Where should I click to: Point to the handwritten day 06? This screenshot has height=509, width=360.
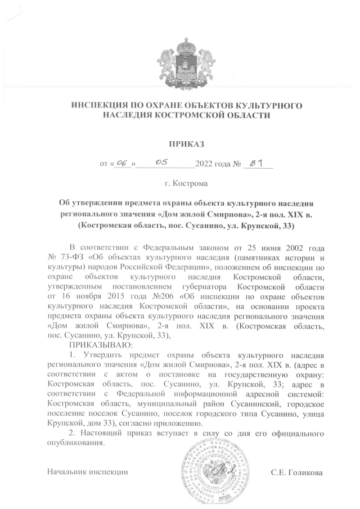click(x=119, y=164)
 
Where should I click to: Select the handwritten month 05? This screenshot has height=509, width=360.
click(x=163, y=163)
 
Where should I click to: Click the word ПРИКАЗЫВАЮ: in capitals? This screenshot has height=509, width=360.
click(x=101, y=344)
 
